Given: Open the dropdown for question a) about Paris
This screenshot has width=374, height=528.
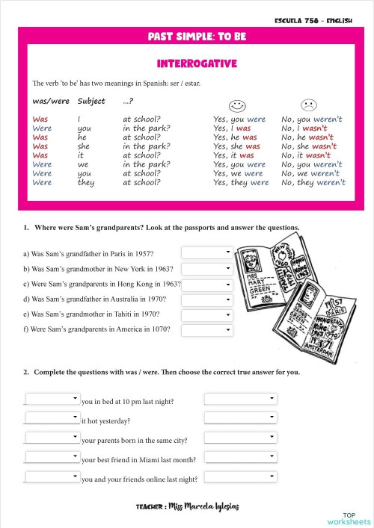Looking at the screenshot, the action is [x=207, y=253].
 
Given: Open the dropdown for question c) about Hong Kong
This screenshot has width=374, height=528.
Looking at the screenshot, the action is [x=207, y=284].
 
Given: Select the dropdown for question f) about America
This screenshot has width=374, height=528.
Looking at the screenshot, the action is [x=207, y=329].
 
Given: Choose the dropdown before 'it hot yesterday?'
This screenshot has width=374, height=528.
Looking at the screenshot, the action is [x=52, y=417].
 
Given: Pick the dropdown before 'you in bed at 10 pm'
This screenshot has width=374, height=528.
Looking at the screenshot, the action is [x=52, y=399].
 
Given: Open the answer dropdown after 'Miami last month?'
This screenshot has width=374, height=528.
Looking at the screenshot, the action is [x=240, y=457].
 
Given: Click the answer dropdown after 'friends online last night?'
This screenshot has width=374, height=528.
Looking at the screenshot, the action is [x=240, y=476].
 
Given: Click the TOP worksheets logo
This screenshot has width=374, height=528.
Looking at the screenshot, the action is [x=349, y=518].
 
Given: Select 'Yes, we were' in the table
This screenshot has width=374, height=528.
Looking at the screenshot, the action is [x=238, y=173].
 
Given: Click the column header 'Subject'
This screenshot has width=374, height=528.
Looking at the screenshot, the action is [x=91, y=101].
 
